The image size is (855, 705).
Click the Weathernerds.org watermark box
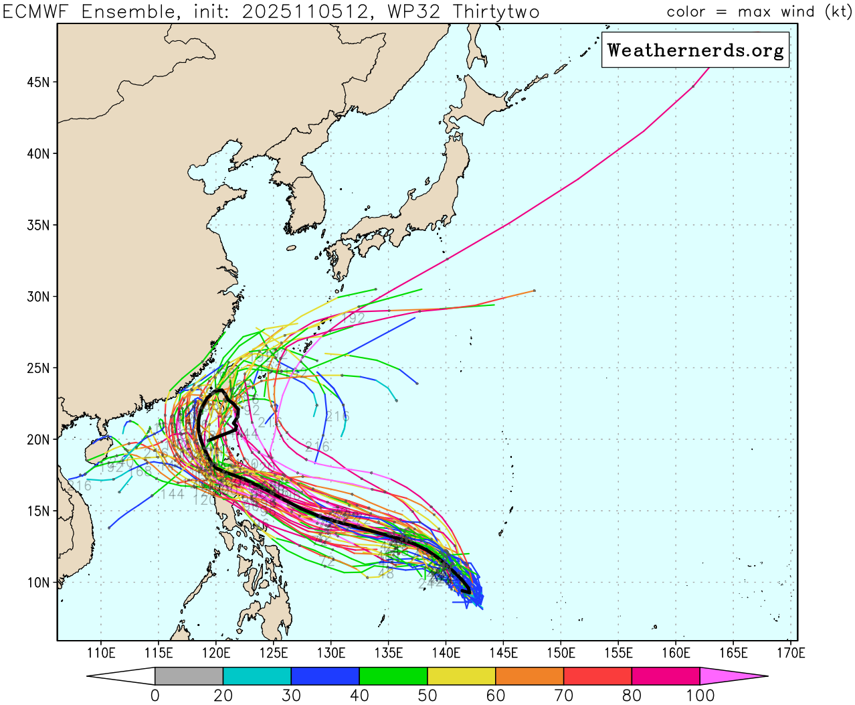(695, 50)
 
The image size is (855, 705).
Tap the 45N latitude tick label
(38, 82)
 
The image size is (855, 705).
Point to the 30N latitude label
(38, 297)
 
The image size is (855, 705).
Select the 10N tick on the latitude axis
(38, 582)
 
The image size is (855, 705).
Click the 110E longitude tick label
(101, 653)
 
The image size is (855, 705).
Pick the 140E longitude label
(446, 653)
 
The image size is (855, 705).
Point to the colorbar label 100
(700, 696)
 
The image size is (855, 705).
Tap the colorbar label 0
(155, 696)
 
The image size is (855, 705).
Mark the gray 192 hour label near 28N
(353, 318)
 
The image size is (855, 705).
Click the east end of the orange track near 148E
(534, 291)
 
